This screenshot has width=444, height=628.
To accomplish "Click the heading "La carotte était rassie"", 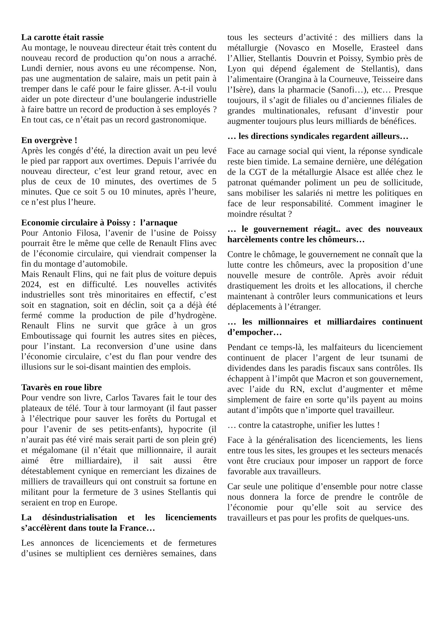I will (62, 37).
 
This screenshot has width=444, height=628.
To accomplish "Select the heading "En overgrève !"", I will (49, 141).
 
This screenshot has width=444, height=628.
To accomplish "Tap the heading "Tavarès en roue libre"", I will (61, 387).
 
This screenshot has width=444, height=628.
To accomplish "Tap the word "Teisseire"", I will (390, 79).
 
